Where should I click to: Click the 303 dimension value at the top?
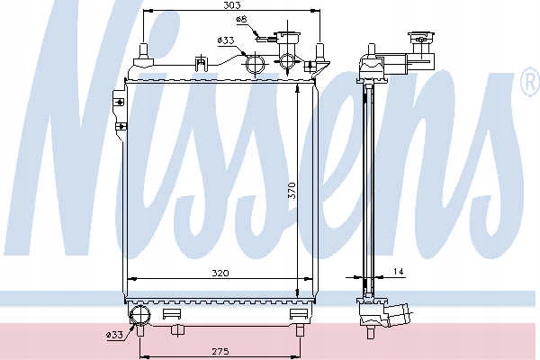click(x=231, y=4)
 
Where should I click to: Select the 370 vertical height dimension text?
click(x=292, y=191)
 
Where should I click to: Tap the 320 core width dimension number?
click(x=220, y=274)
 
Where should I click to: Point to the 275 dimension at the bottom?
click(x=220, y=351)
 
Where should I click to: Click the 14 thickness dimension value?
click(x=398, y=272)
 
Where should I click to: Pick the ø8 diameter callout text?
click(x=241, y=19)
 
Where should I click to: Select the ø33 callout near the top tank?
click(x=226, y=40)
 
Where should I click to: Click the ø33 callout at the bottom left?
click(x=114, y=335)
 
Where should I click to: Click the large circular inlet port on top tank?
click(x=256, y=64)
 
